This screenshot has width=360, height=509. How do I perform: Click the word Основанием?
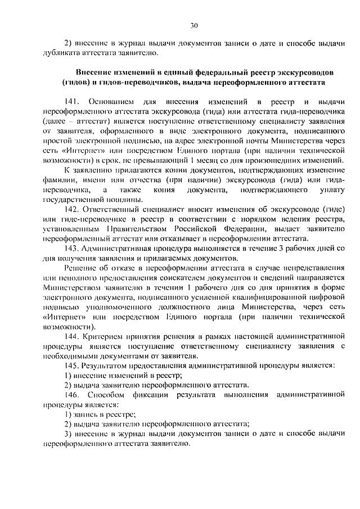(110, 101)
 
